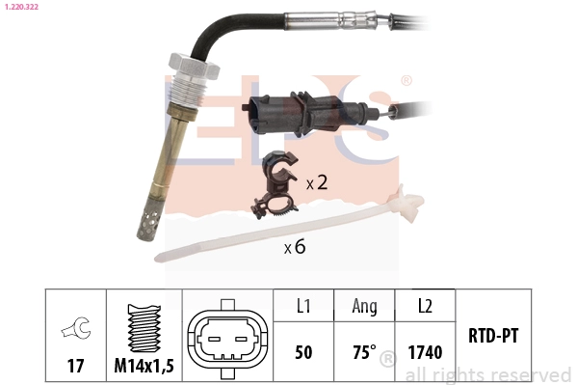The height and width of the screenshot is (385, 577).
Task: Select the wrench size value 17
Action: coord(74,366)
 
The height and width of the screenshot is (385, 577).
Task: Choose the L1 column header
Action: coord(302,307)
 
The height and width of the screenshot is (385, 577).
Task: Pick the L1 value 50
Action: coord(302,352)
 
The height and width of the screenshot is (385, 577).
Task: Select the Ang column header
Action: coord(364,307)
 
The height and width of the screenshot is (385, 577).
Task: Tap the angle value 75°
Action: coord(363,352)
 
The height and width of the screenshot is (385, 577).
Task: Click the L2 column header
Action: coord(424,307)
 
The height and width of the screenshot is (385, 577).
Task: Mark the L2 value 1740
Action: coord(424,352)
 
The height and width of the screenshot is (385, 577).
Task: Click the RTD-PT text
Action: coord(494,336)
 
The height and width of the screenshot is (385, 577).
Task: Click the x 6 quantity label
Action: coord(294,247)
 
